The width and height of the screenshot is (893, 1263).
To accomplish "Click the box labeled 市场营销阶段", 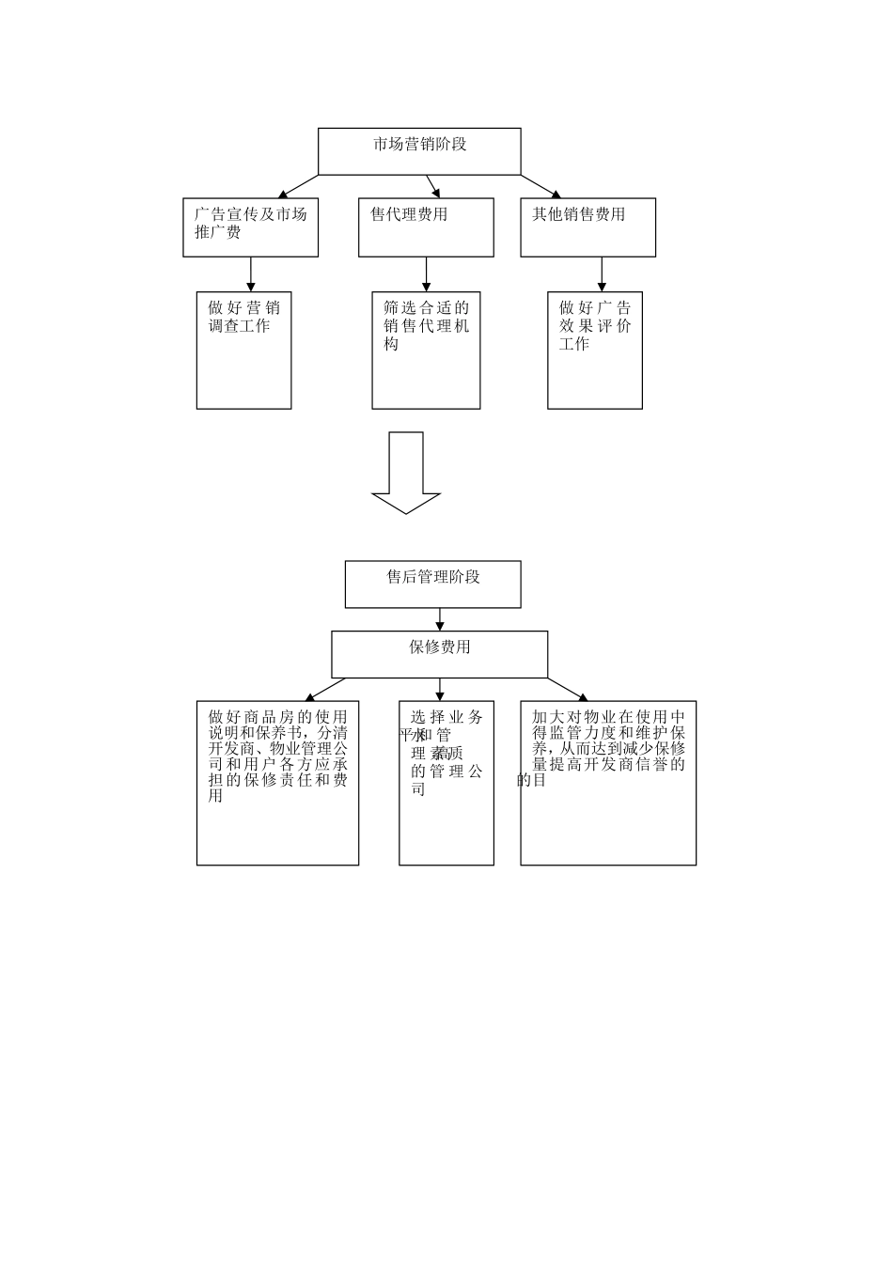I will tap(419, 151).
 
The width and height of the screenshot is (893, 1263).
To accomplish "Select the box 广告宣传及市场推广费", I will tap(250, 227).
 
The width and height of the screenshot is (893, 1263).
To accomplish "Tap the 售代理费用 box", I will tap(426, 227).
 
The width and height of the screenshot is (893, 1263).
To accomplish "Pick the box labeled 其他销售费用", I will tap(587, 227).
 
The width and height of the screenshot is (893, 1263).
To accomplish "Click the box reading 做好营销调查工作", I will tap(243, 351).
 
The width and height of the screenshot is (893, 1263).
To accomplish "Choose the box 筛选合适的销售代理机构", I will tap(426, 351).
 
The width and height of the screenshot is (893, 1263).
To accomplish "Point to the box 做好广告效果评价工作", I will tap(595, 351).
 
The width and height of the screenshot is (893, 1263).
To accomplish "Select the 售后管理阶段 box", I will tap(432, 585).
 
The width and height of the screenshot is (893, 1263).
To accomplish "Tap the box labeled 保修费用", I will tap(439, 654).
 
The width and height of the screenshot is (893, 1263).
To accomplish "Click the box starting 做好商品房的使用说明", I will tap(277, 783).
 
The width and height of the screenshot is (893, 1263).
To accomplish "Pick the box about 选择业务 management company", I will tap(446, 783).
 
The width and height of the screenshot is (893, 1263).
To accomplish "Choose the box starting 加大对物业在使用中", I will tap(608, 783).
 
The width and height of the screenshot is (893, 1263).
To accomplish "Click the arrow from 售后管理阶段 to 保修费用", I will tap(440, 619).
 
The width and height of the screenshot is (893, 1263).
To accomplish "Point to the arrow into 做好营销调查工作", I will tap(251, 273).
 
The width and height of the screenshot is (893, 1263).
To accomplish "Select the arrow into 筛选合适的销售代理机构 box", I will tap(427, 273).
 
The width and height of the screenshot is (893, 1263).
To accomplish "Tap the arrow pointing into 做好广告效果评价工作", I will tap(603, 273).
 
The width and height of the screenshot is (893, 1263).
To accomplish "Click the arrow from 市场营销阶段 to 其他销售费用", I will tap(542, 186).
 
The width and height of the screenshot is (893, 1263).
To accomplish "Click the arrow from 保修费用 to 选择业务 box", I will tap(440, 689).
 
